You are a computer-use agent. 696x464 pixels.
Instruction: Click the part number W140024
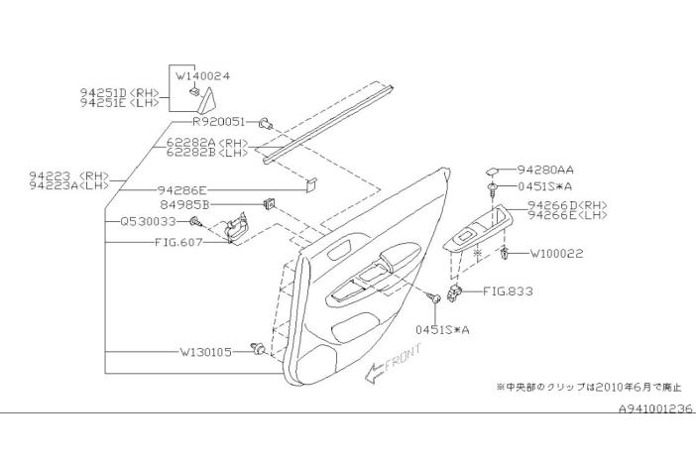(x=203, y=76)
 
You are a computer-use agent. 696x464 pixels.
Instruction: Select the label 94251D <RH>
(x=119, y=93)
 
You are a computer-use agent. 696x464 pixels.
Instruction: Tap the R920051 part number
(x=218, y=121)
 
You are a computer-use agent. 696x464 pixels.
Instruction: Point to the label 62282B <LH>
(x=207, y=153)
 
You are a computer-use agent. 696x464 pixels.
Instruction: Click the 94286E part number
(x=182, y=190)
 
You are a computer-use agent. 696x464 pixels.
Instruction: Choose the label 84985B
(x=184, y=204)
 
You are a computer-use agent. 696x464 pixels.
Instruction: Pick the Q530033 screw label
(x=149, y=221)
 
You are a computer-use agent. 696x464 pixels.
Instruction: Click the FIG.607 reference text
(x=178, y=243)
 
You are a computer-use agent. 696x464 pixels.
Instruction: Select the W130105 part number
(x=205, y=352)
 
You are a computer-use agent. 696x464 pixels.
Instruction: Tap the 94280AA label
(x=545, y=170)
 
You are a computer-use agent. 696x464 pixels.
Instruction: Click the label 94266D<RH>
(x=567, y=205)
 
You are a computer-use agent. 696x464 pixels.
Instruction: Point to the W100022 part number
(x=556, y=254)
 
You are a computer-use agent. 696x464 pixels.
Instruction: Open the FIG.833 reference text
(x=508, y=291)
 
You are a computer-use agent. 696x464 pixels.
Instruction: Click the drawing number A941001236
(x=655, y=408)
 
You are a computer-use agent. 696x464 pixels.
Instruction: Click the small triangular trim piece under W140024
(x=206, y=100)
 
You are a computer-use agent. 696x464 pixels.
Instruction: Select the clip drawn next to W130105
(x=258, y=349)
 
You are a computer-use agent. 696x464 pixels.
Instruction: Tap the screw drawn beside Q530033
(x=195, y=221)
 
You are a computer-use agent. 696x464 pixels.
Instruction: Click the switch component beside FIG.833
(x=454, y=293)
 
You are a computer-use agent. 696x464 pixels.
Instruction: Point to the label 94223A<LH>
(x=68, y=185)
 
